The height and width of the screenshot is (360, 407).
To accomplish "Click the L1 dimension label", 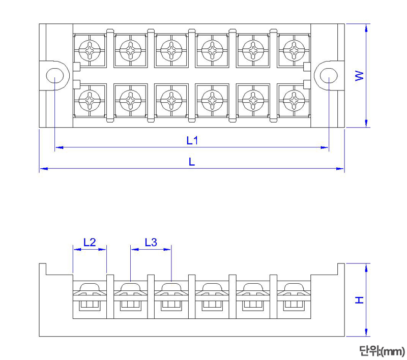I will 192,140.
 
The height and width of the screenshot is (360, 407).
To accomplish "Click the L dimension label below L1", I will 192,162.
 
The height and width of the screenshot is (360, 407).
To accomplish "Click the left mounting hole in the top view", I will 54,76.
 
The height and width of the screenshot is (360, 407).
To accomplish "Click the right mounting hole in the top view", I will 329,76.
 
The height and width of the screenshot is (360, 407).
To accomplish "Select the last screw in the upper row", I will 293,51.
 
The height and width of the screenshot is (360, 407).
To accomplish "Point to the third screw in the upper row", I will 171,51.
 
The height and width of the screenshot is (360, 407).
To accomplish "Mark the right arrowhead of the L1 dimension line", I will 325,147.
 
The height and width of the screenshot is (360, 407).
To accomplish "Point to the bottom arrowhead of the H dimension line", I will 366,333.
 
